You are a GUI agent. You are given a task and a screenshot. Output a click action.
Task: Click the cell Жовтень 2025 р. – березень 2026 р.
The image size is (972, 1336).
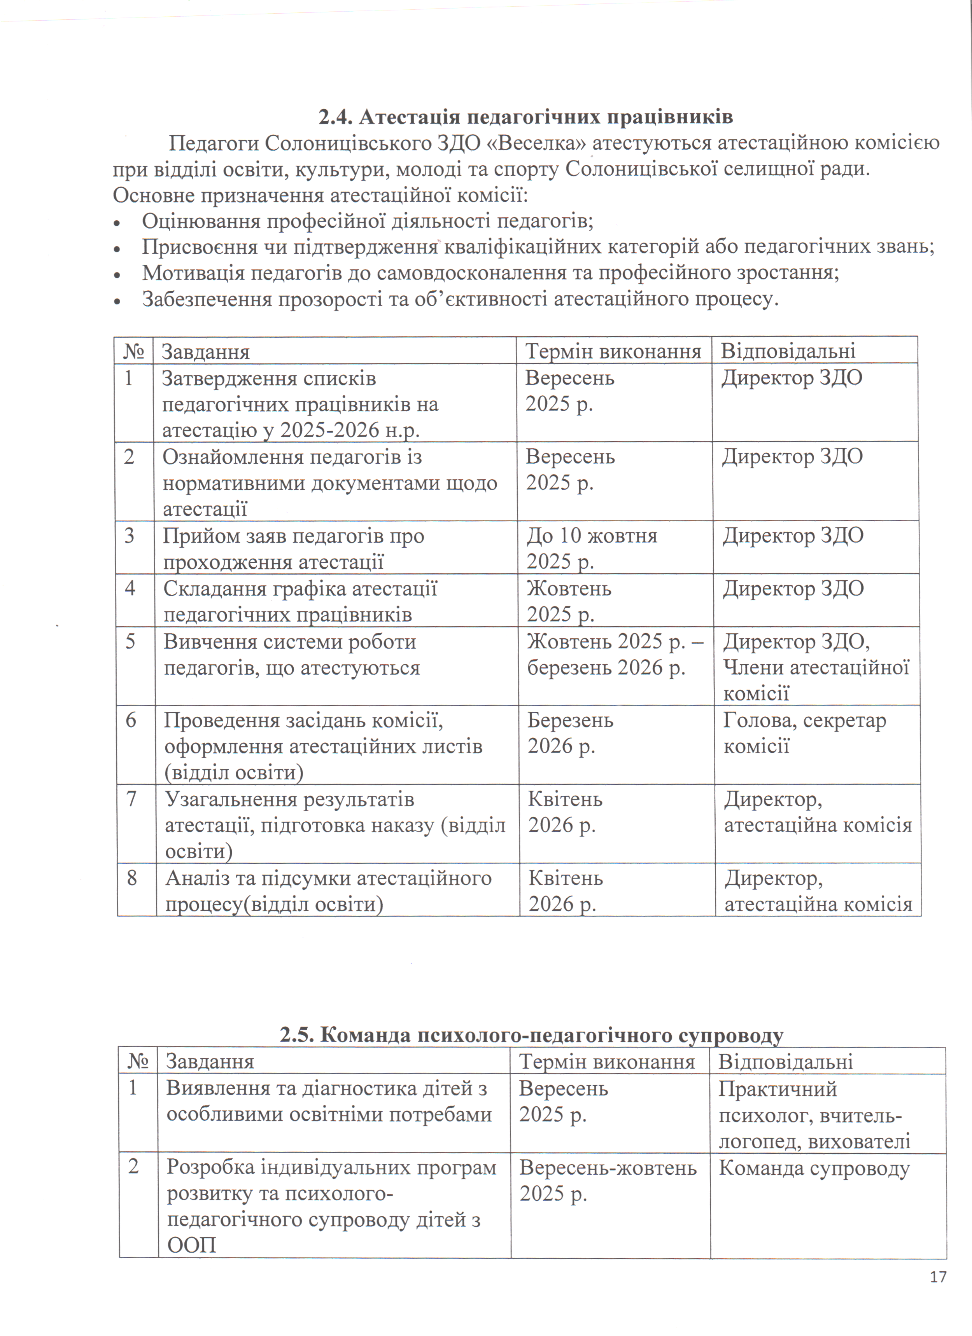615,655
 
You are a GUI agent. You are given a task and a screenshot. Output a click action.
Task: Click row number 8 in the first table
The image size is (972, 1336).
132,878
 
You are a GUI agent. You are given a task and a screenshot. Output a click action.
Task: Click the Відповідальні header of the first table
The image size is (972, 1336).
788,352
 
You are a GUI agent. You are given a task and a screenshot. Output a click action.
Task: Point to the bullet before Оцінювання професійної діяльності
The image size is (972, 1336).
117,223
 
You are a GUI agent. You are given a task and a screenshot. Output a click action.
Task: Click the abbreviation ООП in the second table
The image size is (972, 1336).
192,1245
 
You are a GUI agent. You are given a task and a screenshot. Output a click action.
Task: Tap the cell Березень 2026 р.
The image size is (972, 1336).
570,733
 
